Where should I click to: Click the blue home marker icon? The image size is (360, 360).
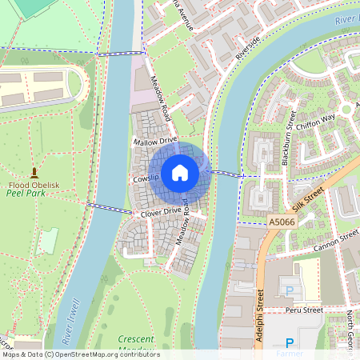(180, 172)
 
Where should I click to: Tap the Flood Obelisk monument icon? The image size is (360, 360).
(34, 172)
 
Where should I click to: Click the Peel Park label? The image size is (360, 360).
(26, 194)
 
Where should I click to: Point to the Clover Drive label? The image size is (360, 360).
(162, 211)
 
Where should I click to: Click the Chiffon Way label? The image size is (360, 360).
(316, 119)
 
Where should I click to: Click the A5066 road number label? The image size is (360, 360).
(282, 222)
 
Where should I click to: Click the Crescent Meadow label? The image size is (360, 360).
(134, 342)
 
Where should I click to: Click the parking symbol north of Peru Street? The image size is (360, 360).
(289, 291)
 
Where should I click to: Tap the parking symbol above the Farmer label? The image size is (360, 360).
(290, 342)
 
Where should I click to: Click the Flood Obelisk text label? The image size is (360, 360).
(34, 183)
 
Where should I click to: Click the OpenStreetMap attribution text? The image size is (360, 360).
(80, 354)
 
